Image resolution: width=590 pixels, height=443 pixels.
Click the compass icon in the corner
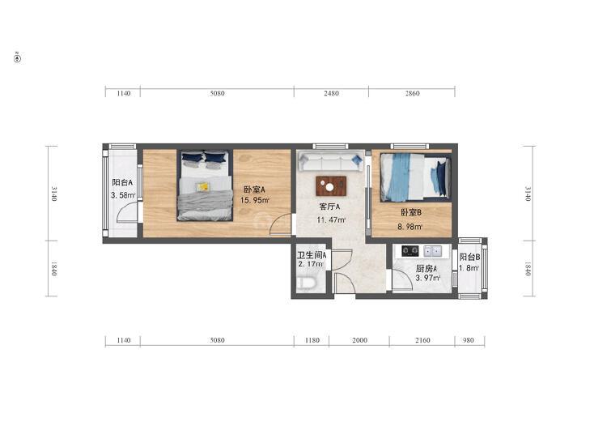point(17,58)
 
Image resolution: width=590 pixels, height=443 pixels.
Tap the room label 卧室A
point(254,190)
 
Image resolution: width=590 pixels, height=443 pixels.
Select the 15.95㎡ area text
point(255,200)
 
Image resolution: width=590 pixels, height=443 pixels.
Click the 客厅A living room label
point(329,207)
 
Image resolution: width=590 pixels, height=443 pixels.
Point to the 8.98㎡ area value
point(410,227)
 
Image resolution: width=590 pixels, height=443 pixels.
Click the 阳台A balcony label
point(122,182)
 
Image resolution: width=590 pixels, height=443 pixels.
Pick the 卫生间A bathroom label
point(312,255)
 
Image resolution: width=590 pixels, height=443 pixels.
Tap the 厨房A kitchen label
point(427,269)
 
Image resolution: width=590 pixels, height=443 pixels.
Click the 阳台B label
point(469,257)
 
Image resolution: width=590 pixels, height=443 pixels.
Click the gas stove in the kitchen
point(410,251)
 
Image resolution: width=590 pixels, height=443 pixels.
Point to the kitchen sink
point(433,251)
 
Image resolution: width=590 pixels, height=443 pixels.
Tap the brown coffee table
point(331,186)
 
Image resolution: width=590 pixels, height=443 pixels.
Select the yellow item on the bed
point(203,186)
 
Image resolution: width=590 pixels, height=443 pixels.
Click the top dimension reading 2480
point(331,93)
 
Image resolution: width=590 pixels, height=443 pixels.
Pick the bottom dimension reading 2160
point(422,340)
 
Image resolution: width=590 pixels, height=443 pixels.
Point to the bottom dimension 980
point(468,340)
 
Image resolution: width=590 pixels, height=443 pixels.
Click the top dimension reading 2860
point(412,93)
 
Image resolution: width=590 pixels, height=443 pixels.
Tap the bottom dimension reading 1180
point(312,340)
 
